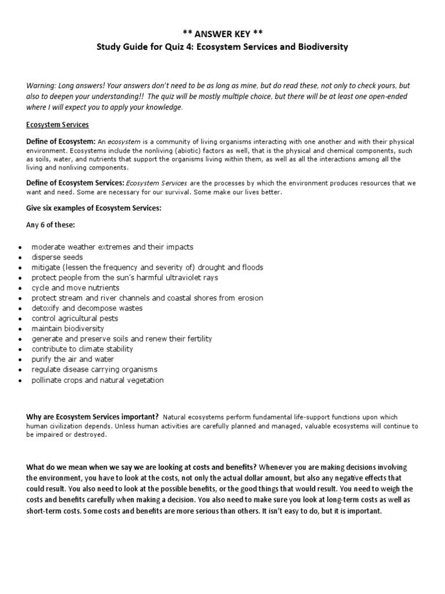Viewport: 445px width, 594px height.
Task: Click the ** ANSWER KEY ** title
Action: coord(222,34)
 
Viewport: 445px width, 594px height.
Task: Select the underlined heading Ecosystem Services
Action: coord(57,125)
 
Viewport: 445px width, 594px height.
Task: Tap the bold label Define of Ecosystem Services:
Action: coord(75,183)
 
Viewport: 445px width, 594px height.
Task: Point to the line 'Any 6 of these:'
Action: coord(55,225)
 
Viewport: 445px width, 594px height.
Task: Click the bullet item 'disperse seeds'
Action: coord(57,257)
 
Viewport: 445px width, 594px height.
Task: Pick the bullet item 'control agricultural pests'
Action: coord(75,318)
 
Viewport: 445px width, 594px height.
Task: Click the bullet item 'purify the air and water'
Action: coord(73,359)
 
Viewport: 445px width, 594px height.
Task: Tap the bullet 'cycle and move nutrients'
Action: coord(75,288)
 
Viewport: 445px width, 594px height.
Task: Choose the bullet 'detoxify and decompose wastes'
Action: coord(87,308)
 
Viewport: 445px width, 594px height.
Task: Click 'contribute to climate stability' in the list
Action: coord(82,349)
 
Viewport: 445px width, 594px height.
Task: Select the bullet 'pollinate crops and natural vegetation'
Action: coord(97,380)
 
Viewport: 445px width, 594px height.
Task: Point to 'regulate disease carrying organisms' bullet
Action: coord(94,370)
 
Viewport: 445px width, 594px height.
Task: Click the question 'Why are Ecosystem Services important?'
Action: coord(93,416)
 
